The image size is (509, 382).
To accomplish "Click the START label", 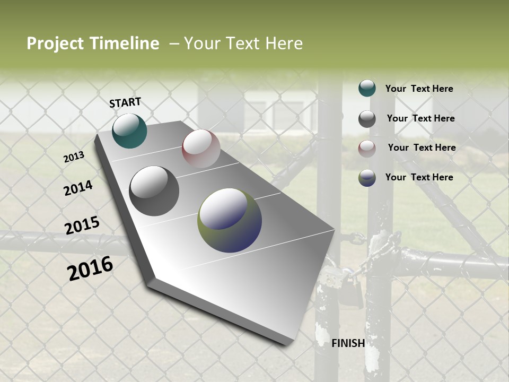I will click(x=125, y=102).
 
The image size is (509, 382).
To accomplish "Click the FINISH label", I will click(x=348, y=343).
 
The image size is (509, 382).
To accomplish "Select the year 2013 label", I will click(x=74, y=157).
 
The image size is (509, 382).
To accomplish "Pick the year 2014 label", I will click(x=78, y=188).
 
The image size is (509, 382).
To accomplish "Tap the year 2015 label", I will click(x=82, y=225).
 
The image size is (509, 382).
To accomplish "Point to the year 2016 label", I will click(x=90, y=268).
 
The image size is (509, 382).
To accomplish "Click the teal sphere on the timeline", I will click(x=129, y=131).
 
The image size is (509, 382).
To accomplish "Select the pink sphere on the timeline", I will click(x=201, y=149).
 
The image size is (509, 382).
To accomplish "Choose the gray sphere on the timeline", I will click(x=154, y=191).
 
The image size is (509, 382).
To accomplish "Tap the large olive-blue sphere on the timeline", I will click(x=230, y=220).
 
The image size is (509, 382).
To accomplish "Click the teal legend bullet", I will click(x=367, y=88).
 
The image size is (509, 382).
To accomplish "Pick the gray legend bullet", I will click(x=367, y=119).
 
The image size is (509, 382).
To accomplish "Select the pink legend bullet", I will click(x=367, y=149).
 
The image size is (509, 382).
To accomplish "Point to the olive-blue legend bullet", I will click(x=367, y=178).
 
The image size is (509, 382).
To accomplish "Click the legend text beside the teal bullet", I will click(x=419, y=89).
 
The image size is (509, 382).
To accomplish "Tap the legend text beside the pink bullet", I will click(x=422, y=147).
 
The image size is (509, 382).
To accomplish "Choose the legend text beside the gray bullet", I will click(x=420, y=118).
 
